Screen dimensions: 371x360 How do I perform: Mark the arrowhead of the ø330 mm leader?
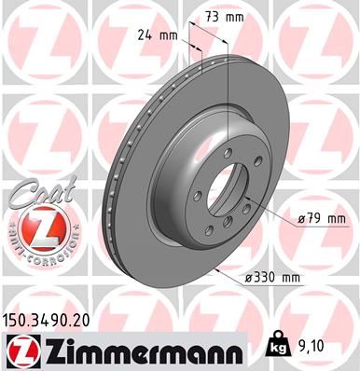click(x=216, y=269)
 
